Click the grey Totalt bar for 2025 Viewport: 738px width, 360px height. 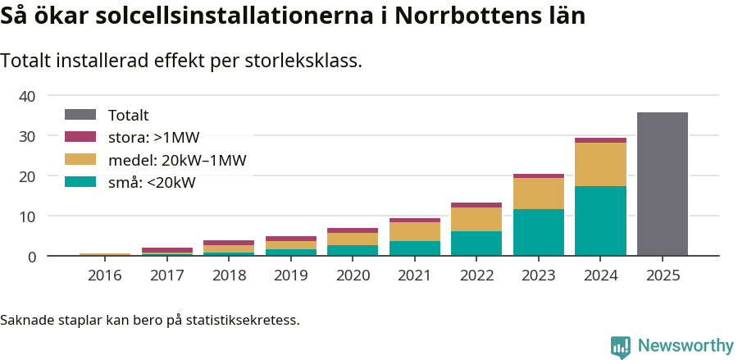[x=662, y=185]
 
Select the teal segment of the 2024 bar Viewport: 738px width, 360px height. [x=600, y=221]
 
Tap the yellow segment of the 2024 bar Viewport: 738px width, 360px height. [x=600, y=164]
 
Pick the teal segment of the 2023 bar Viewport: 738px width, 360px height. [x=539, y=233]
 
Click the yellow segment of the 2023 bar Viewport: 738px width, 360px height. [x=539, y=194]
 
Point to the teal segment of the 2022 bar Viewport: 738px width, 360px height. [x=476, y=244]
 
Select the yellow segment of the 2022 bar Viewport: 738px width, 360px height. [x=476, y=219]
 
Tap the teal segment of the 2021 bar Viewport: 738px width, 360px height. [x=414, y=248]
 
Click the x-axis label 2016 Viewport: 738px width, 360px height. [x=104, y=276]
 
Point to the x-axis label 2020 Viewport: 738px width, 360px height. [x=353, y=276]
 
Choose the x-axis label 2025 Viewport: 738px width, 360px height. [x=662, y=276]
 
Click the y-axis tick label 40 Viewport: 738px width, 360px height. [x=27, y=96]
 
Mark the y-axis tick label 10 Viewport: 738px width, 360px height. [x=27, y=216]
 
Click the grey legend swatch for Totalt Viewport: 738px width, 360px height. [x=80, y=116]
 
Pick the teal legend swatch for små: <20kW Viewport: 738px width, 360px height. [x=80, y=182]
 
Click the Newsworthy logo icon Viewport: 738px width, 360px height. [x=621, y=346]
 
